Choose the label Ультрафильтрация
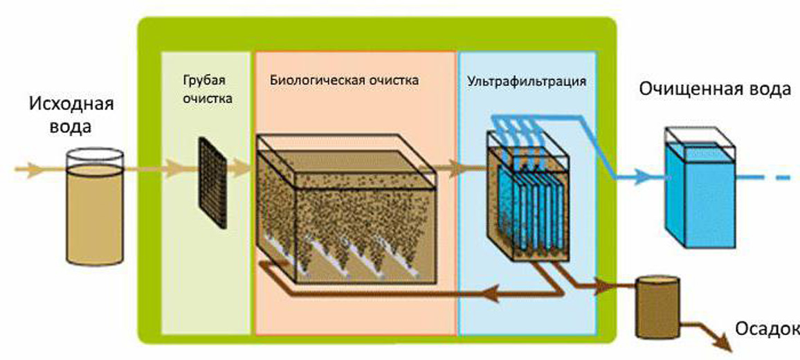[527, 81]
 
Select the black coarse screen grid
[213, 181]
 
